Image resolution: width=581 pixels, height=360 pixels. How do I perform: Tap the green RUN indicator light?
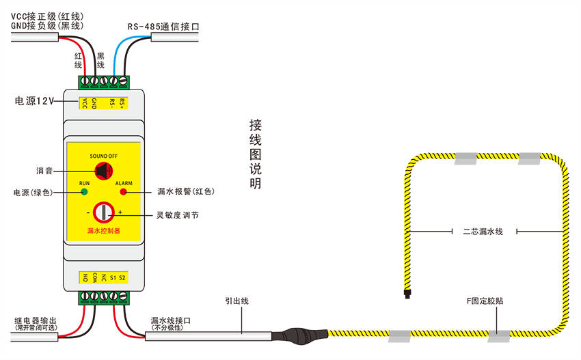pyautogui.click(x=84, y=192)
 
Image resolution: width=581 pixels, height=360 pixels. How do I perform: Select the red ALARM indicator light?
pyautogui.click(x=124, y=192)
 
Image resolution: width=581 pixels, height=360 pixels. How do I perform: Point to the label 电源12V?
pyautogui.click(x=34, y=101)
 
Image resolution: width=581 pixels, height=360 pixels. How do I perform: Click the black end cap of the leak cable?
pyautogui.click(x=407, y=296)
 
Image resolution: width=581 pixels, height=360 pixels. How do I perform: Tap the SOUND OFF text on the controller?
pyautogui.click(x=104, y=156)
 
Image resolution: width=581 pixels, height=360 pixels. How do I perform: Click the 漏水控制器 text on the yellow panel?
pyautogui.click(x=104, y=232)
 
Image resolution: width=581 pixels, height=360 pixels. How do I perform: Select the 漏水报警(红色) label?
pyautogui.click(x=185, y=191)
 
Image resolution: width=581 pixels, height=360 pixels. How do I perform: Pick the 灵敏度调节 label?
pyautogui.click(x=178, y=215)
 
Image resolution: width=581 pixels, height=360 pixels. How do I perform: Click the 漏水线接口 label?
pyautogui.click(x=170, y=320)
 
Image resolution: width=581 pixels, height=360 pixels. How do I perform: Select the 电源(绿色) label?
pyautogui.click(x=36, y=192)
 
